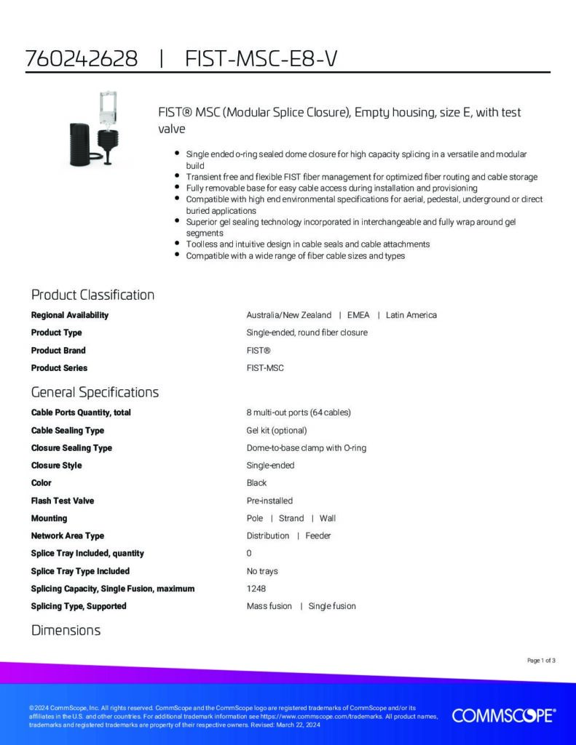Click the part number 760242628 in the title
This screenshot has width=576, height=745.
pos(82,59)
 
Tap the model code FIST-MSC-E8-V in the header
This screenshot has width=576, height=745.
pos(261,59)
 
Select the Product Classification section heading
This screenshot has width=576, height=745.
pos(92,295)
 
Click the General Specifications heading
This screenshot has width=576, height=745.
pos(95,392)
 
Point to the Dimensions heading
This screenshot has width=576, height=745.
pos(66,630)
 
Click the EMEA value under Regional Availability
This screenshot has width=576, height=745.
pos(358,315)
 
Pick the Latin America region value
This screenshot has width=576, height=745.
pos(411,315)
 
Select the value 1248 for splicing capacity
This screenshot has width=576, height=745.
pos(256,589)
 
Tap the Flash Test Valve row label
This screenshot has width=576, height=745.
pos(63,501)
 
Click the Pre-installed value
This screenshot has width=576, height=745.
pos(269,501)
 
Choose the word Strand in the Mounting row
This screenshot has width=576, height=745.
pos(291,518)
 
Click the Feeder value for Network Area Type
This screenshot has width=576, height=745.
pos(317,535)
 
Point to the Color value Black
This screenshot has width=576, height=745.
pos(256,483)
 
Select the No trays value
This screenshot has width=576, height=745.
pos(262,571)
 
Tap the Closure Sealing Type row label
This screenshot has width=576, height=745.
pos(71,447)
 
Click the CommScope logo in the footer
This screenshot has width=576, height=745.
pos(503,715)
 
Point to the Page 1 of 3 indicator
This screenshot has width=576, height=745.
pos(541,661)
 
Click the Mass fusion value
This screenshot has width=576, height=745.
pos(269,606)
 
